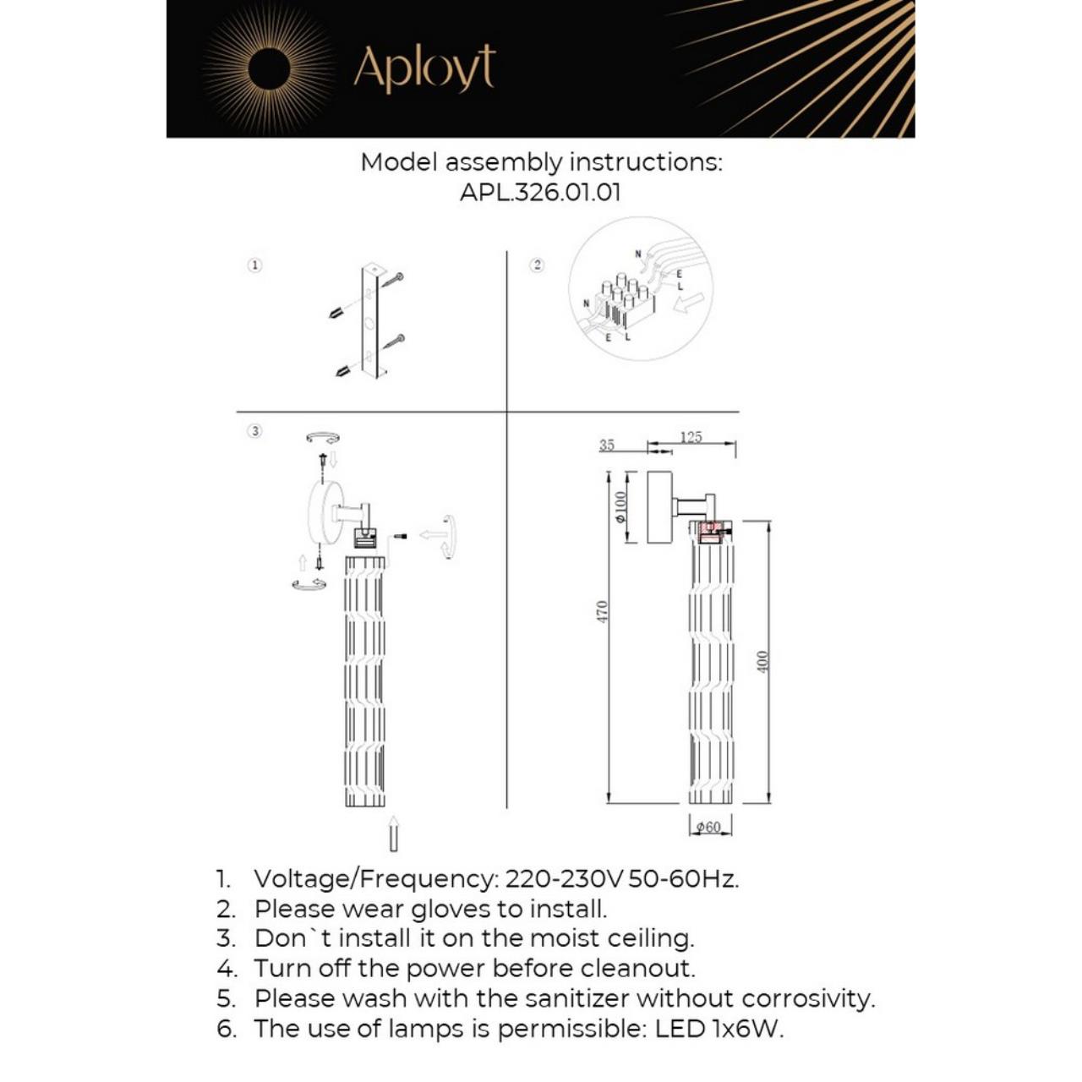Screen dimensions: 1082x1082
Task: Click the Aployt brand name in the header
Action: pos(424,68)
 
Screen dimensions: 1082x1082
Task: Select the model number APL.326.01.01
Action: pos(540,192)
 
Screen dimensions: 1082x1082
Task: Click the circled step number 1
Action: pos(254,265)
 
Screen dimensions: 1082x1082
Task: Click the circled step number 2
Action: pos(537,265)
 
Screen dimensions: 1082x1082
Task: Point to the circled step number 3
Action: pos(254,431)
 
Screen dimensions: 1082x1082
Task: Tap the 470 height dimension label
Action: pos(602,611)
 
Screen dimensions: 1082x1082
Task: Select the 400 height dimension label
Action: pos(762,661)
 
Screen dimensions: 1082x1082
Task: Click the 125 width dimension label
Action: pos(691,437)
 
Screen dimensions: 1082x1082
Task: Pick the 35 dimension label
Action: pos(607,445)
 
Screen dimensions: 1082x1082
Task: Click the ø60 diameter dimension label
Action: pos(708,827)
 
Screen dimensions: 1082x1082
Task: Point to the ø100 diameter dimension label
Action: pos(621,506)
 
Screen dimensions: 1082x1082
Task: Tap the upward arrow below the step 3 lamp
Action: pos(393,833)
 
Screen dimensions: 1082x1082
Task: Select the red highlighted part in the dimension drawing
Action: pos(710,529)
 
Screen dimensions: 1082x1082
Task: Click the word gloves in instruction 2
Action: pos(451,910)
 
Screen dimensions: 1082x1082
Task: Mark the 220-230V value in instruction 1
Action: pos(564,879)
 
